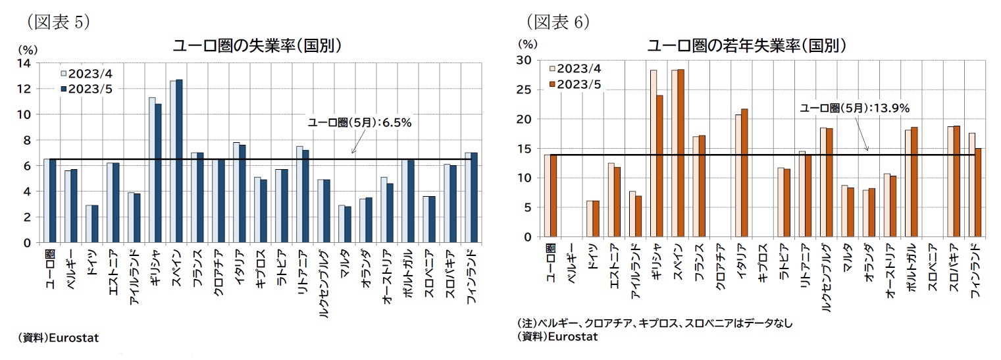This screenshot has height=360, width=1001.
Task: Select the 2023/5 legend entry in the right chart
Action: [x=576, y=84]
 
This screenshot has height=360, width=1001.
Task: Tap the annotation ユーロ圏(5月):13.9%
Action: [x=854, y=108]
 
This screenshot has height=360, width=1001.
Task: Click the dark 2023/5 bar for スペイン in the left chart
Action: [x=179, y=161]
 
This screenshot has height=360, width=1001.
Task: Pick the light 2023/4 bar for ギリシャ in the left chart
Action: [x=151, y=170]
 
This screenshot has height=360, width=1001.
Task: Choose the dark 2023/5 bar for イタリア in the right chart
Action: [x=744, y=173]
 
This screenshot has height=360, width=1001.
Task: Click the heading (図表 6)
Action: [x=558, y=21]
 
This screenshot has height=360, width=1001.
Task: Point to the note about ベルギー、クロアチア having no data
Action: [x=655, y=323]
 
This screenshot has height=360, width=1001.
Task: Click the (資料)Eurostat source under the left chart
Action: [x=59, y=338]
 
